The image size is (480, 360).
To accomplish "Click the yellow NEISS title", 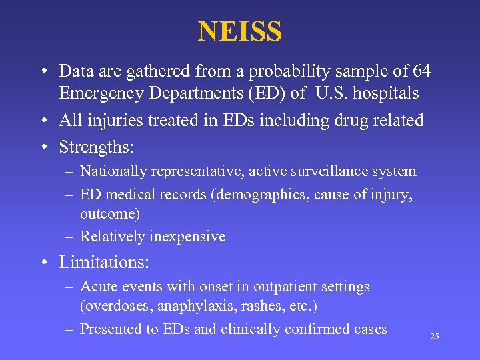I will point(240,31).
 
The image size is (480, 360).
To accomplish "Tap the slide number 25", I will point(435,337).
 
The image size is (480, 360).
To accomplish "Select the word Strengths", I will point(100,146).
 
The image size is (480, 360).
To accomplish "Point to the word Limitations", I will point(103,262).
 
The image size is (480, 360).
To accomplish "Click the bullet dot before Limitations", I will point(43,263).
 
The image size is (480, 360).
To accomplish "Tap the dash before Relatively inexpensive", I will point(69,237).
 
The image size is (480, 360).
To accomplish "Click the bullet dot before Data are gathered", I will point(43,71).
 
